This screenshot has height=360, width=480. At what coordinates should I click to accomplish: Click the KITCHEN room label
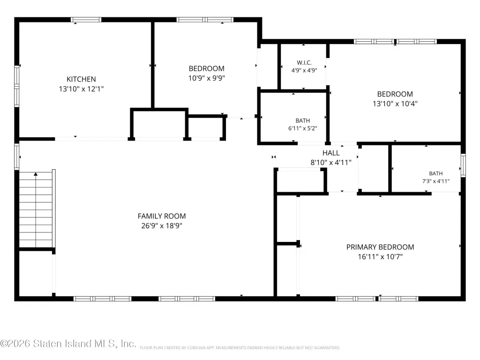click(81, 79)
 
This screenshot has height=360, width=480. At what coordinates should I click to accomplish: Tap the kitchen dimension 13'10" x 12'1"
click(81, 89)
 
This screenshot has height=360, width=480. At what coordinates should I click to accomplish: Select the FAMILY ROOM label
click(162, 216)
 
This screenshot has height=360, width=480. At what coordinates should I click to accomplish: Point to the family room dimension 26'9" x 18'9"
click(162, 225)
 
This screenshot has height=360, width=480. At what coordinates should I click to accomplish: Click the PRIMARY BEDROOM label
click(380, 247)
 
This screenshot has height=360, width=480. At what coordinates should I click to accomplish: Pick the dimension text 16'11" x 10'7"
click(380, 256)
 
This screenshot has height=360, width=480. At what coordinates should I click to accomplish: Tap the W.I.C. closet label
click(304, 63)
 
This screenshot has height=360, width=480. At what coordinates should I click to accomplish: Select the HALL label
click(331, 153)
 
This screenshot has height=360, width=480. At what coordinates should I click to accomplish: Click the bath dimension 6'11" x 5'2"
click(302, 128)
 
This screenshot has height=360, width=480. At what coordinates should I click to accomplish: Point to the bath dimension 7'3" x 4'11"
click(435, 181)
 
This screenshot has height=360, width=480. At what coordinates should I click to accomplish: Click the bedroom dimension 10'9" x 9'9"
click(206, 78)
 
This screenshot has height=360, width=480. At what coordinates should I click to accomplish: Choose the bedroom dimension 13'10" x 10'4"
click(395, 104)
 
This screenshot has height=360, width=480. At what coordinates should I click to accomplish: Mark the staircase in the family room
click(37, 210)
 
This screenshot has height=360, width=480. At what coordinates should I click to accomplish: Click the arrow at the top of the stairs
click(36, 174)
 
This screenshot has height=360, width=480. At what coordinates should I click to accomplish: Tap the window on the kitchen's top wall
click(86, 20)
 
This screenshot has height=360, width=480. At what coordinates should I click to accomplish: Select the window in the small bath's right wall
click(463, 165)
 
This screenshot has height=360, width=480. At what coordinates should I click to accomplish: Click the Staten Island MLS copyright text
click(68, 344)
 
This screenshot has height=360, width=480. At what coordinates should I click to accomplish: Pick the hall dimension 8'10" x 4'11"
click(331, 163)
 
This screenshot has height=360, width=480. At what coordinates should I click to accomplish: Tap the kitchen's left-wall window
click(17, 86)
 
